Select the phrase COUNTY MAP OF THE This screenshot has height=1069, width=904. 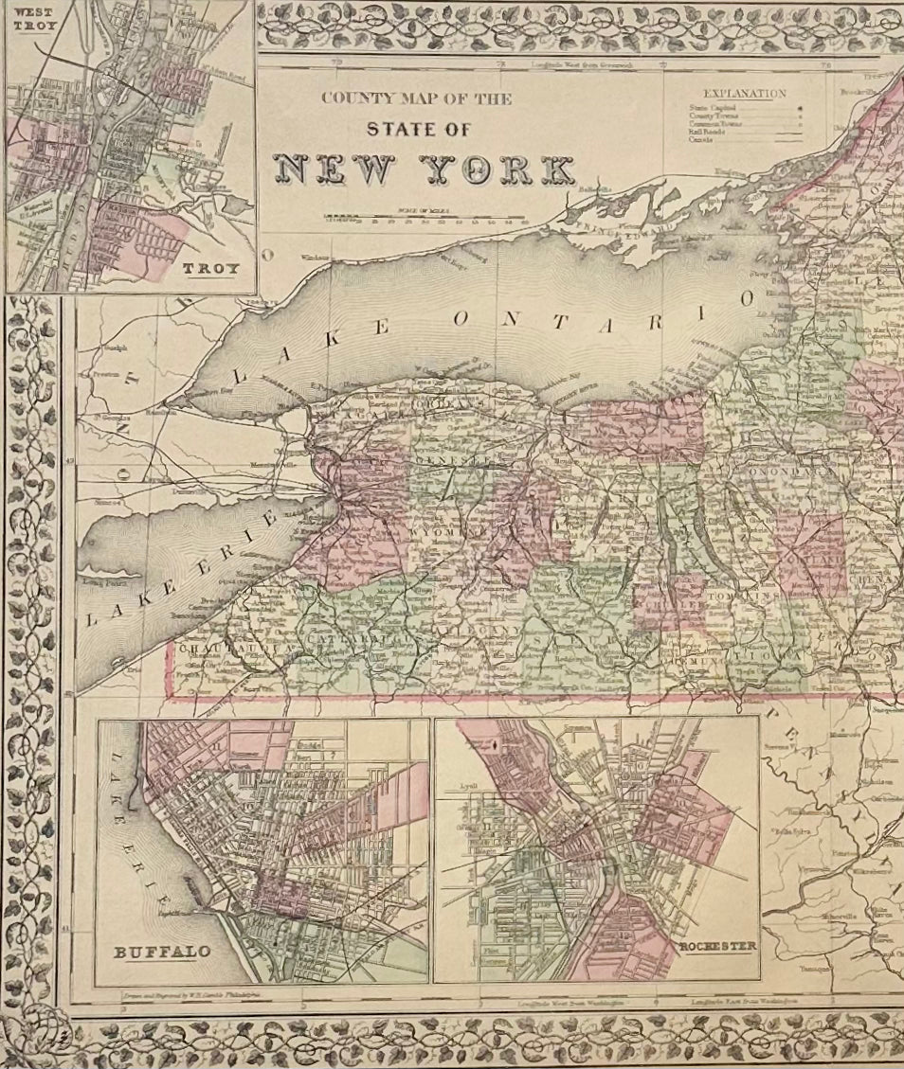point(416,98)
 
